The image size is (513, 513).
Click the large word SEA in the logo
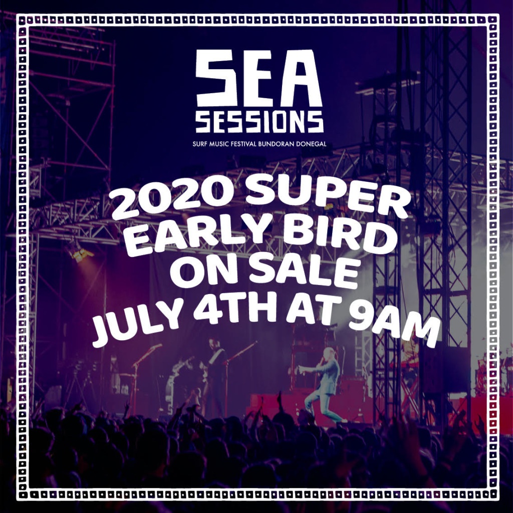pyautogui.click(x=259, y=78)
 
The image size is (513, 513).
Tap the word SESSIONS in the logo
pyautogui.click(x=260, y=122)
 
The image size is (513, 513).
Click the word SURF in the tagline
pyautogui.click(x=199, y=144)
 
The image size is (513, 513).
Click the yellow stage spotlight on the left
pyautogui.click(x=81, y=253)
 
